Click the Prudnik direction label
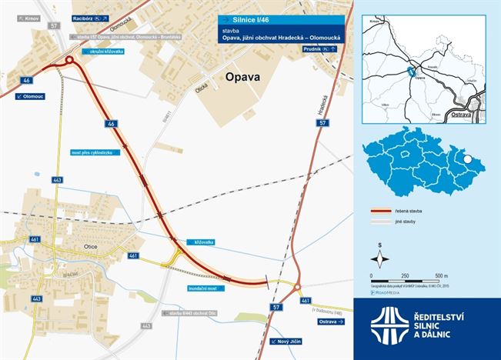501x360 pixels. pos(320,48)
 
